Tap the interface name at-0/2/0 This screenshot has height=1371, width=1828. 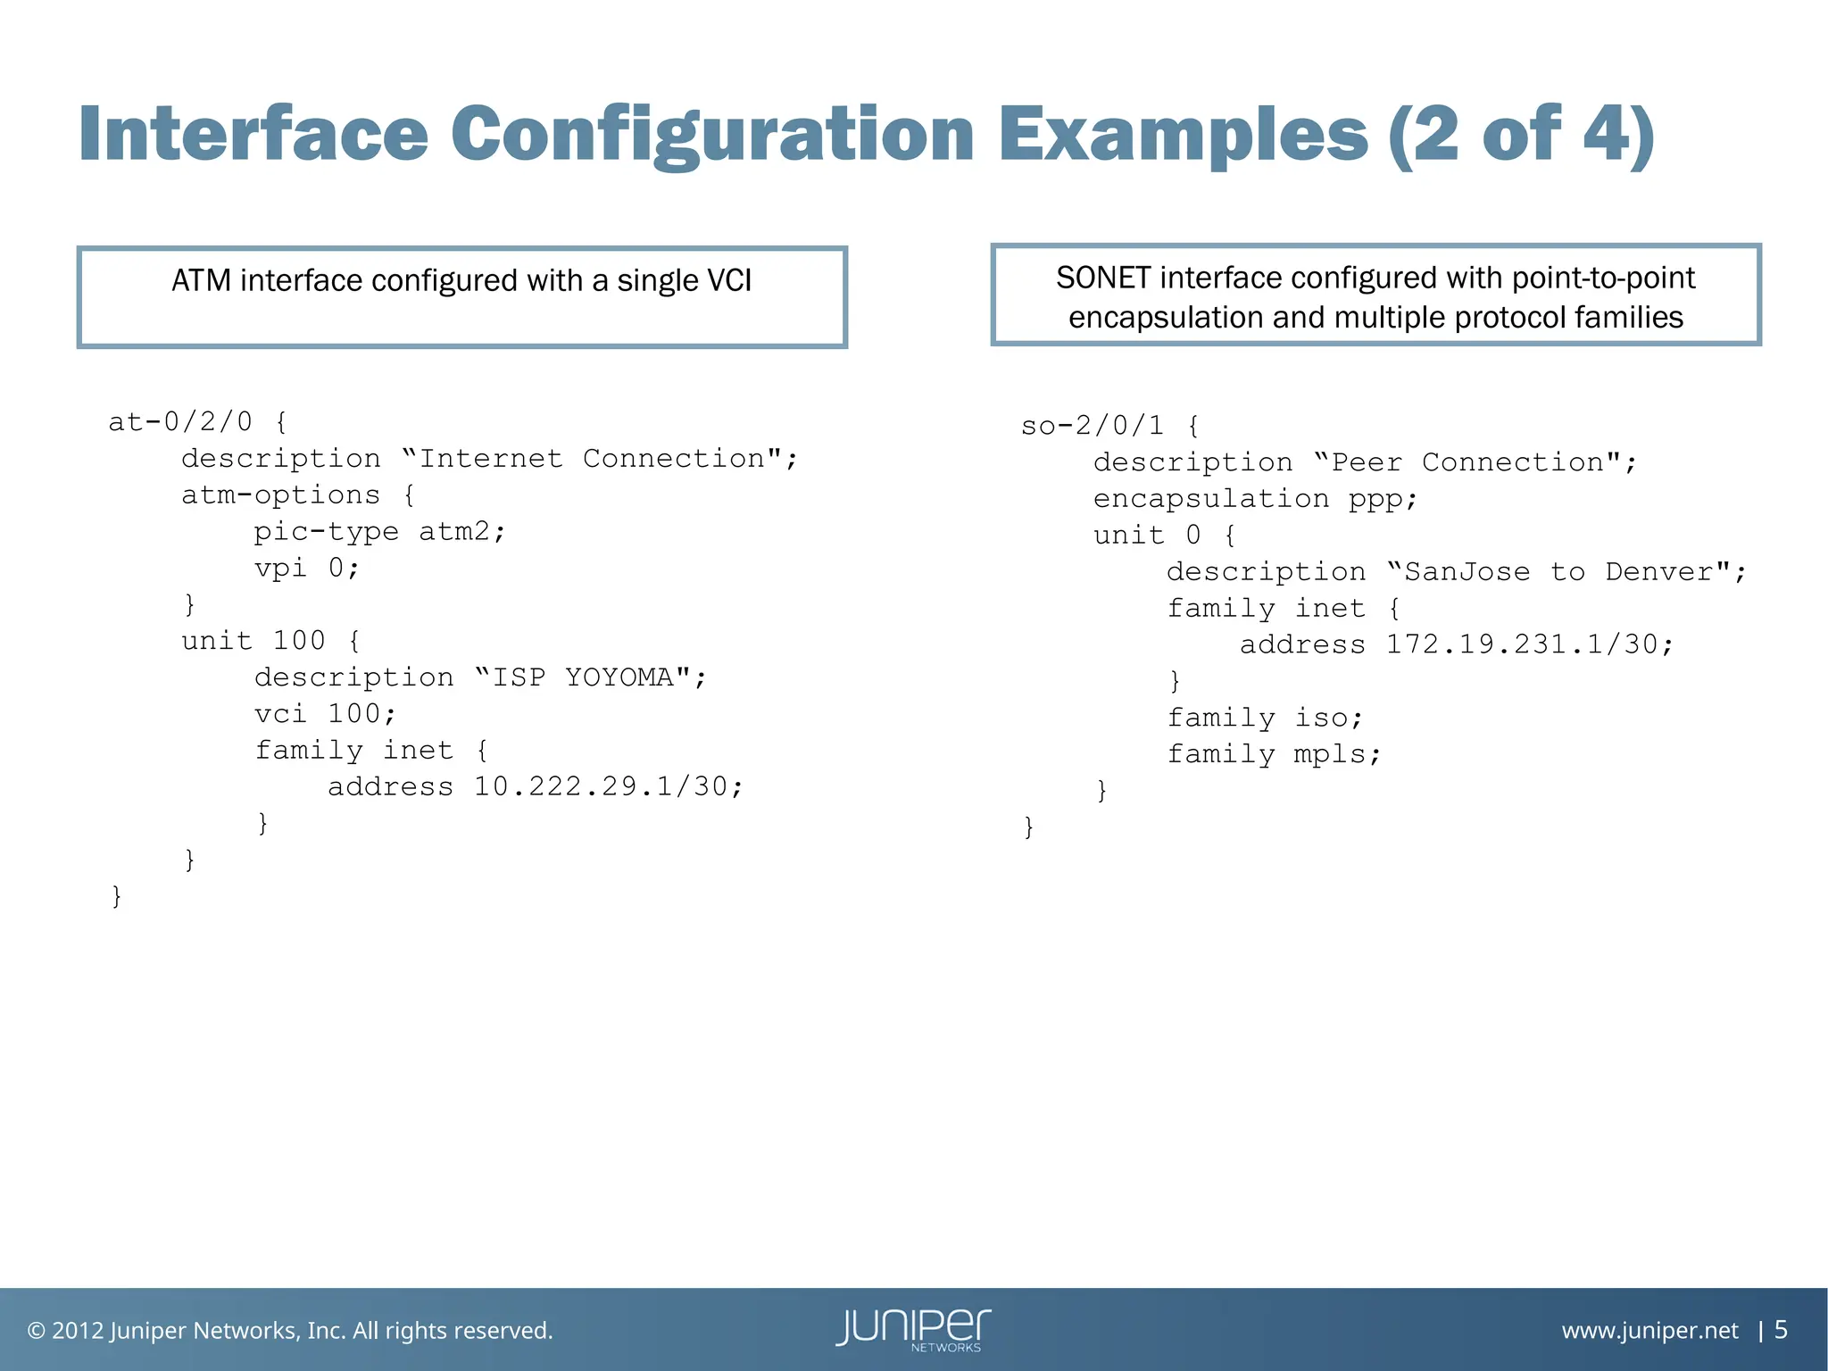[180, 421]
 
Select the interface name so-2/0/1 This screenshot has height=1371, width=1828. [1093, 426]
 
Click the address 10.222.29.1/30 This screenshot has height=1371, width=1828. [607, 786]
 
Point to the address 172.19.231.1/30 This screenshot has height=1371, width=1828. [1529, 644]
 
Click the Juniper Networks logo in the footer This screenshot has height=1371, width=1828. [913, 1330]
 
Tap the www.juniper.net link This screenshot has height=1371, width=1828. [1649, 1331]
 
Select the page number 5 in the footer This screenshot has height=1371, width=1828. [1781, 1330]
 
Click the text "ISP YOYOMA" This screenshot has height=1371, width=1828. [591, 677]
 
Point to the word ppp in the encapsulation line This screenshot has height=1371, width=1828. [1382, 499]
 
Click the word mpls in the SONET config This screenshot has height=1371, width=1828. [1336, 755]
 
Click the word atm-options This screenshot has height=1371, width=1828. [280, 495]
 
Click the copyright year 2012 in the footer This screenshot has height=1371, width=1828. [78, 1331]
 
